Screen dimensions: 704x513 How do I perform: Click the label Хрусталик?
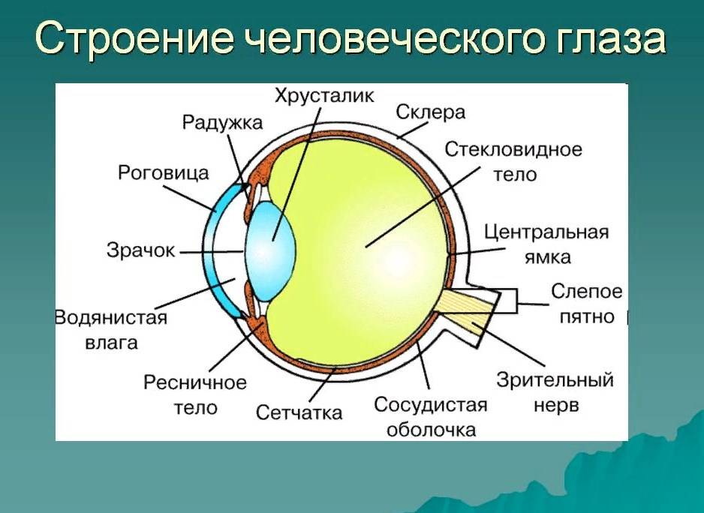tap(324, 97)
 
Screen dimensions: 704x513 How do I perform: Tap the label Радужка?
tap(222, 122)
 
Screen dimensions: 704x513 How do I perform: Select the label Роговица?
tap(164, 172)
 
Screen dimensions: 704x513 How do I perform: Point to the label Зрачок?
tap(140, 250)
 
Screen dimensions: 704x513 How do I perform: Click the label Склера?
tap(430, 112)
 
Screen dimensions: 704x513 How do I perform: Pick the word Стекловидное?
tap(513, 149)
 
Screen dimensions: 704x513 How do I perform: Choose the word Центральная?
tap(546, 232)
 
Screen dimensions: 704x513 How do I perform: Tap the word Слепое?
tap(586, 291)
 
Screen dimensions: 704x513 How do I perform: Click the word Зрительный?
tap(555, 380)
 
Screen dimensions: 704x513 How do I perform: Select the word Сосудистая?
tap(431, 405)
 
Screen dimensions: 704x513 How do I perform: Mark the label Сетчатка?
tap(299, 412)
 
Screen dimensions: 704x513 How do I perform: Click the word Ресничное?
tap(195, 382)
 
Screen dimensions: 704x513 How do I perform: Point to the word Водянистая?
tap(111, 318)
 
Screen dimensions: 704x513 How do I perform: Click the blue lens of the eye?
tap(270, 251)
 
